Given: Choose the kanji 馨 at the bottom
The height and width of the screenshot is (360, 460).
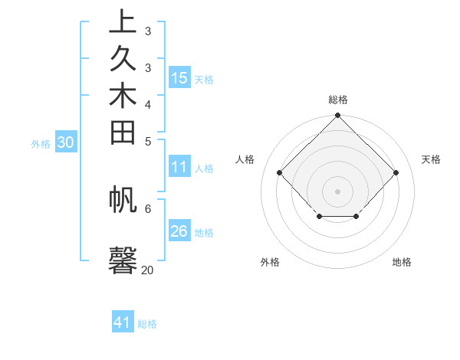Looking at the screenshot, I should click(123, 259).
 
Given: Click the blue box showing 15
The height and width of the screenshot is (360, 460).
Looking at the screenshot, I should click(179, 77).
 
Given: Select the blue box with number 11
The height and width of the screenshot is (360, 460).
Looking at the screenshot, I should click(179, 167).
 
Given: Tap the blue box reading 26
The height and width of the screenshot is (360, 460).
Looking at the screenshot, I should click(179, 231).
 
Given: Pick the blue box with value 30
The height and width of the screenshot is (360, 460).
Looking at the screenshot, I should click(66, 142).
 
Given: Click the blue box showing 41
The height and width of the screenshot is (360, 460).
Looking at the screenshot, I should click(123, 322).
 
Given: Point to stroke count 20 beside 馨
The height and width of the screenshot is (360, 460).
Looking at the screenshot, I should click(147, 269).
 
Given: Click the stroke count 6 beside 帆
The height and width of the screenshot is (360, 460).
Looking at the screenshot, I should click(147, 207).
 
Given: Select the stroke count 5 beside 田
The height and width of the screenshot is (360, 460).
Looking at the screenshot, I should click(147, 140).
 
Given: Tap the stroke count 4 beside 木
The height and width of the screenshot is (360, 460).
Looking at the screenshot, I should click(147, 103).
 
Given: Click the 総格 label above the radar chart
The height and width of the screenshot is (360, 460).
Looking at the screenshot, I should click(338, 100).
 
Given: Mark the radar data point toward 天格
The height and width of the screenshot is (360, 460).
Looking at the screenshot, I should click(396, 172).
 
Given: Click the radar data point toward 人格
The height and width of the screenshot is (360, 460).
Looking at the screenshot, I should click(280, 172).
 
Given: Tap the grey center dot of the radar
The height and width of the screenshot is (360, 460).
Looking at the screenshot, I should click(338, 191).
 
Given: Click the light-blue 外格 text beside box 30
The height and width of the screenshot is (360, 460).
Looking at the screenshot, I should click(41, 143).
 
